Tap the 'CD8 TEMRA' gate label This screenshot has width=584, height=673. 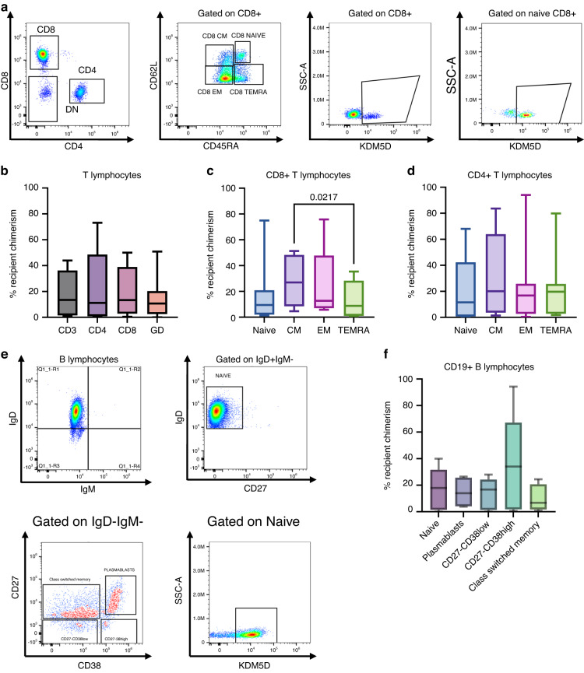click(243, 92)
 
